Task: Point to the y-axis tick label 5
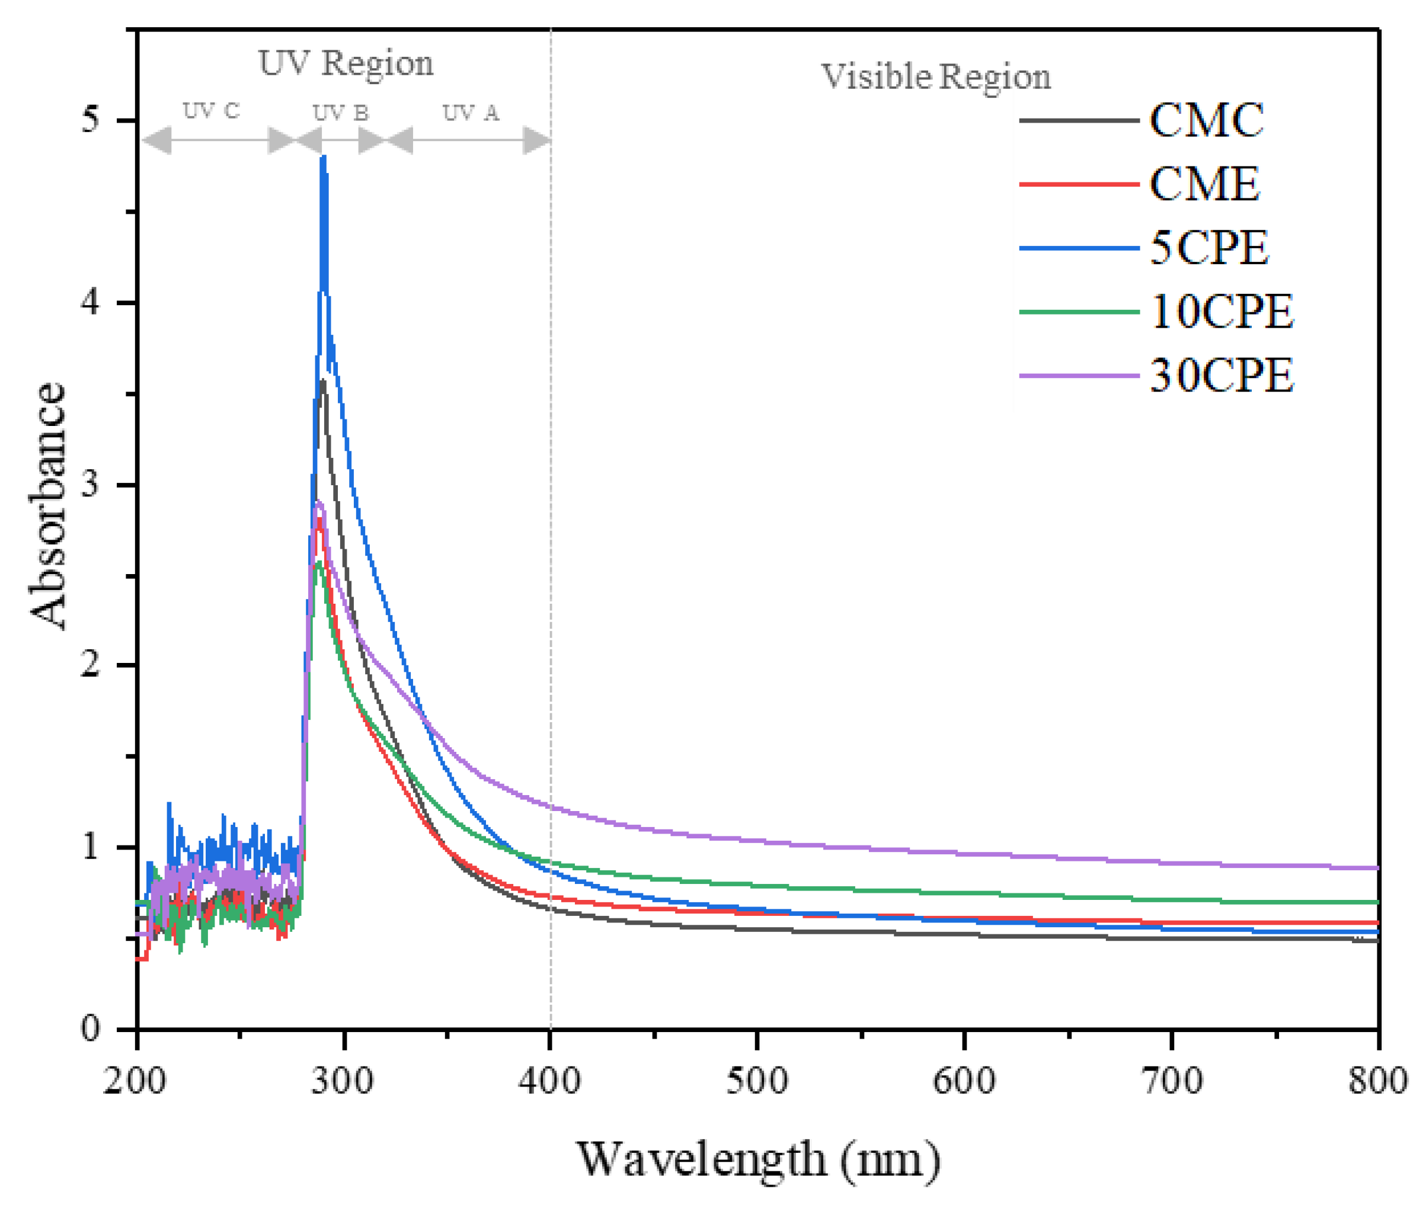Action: (x=89, y=120)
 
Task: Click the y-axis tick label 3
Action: (x=89, y=485)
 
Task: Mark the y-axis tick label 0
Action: (x=89, y=1028)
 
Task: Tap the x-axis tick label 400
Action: (x=549, y=1081)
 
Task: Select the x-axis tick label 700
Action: (x=1172, y=1081)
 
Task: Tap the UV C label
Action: (x=211, y=111)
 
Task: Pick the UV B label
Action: (x=340, y=113)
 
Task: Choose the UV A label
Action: (x=471, y=113)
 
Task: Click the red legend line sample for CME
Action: (x=1078, y=184)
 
